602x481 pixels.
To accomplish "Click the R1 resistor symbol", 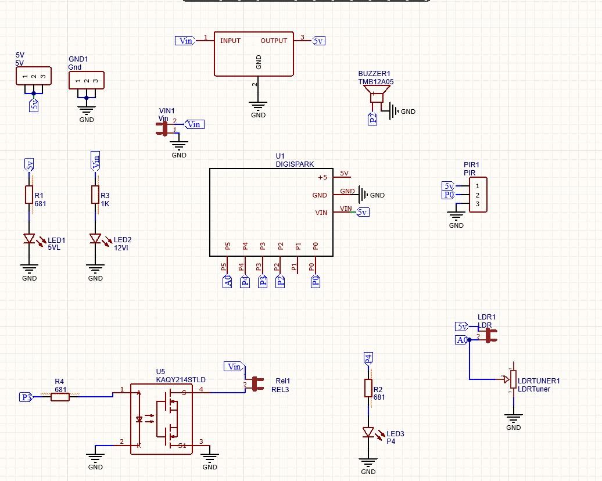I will click(x=29, y=195).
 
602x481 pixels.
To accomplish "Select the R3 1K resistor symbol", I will click(x=95, y=195).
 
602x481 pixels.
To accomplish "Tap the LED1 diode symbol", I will click(x=29, y=239).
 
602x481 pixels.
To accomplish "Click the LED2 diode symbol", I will click(x=95, y=239).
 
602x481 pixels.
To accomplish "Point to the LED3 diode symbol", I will click(x=368, y=432).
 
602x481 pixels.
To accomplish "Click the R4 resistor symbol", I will click(x=60, y=397).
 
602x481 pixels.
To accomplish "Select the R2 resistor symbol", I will click(x=368, y=388).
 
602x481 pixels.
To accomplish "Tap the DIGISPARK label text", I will click(x=295, y=164).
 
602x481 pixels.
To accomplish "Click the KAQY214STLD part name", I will click(x=181, y=380).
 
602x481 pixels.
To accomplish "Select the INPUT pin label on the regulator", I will click(x=230, y=41).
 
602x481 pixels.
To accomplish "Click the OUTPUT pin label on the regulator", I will click(x=274, y=41).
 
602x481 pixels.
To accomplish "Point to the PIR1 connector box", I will click(x=478, y=195).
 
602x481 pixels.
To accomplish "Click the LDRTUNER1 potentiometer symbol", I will click(x=512, y=379).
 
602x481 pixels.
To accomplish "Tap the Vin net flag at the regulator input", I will click(x=185, y=41).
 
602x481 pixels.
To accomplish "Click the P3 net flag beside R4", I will click(x=26, y=397).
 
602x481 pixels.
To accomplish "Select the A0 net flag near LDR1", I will click(x=461, y=340).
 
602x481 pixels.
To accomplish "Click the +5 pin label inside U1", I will click(x=322, y=177).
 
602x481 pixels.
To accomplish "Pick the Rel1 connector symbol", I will click(x=256, y=384).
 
